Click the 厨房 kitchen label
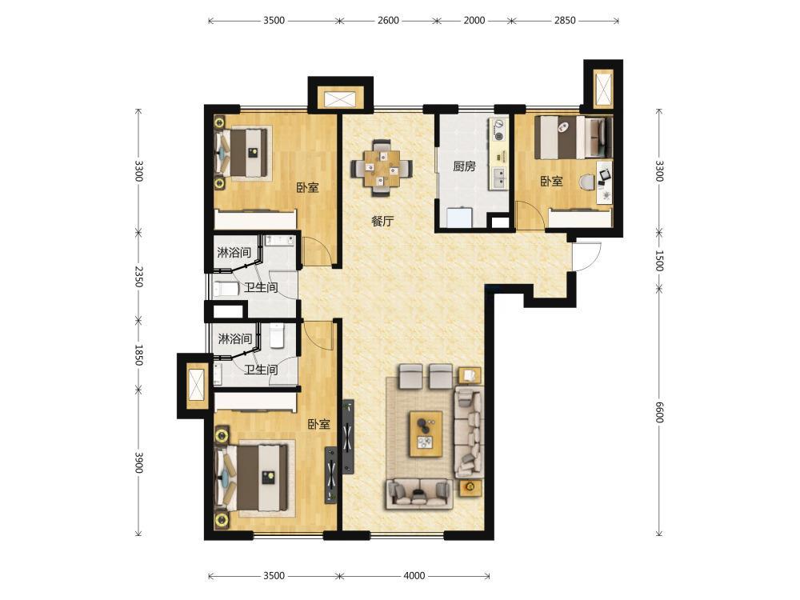464,166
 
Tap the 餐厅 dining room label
382,222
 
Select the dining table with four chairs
381,167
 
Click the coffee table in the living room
426,434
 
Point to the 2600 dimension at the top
388,21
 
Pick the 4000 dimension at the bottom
414,575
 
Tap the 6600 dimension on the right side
658,412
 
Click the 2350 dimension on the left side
138,275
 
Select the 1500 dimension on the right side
658,260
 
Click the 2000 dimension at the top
474,21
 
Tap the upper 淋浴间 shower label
234,252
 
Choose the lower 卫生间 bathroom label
261,370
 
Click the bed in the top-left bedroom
242,153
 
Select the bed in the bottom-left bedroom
252,478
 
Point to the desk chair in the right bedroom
587,181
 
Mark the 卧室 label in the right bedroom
551,181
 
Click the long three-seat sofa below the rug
419,494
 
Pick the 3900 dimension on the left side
138,462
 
